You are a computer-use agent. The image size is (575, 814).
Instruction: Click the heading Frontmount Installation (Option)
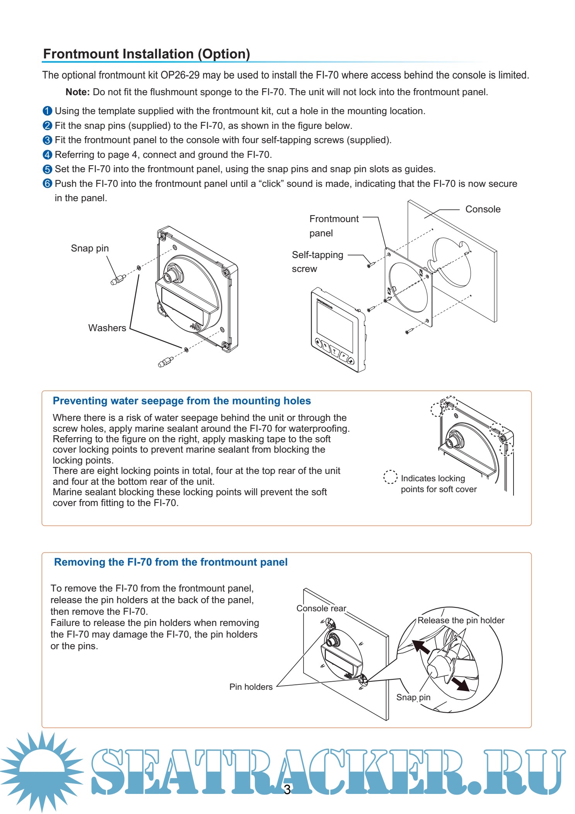pos(146,54)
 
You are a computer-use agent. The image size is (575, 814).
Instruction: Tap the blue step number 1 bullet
pos(47,111)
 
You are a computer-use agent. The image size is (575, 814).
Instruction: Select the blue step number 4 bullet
pos(47,155)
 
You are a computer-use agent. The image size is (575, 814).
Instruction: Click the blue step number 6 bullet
pos(47,184)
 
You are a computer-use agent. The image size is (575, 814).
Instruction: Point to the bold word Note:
pos(77,92)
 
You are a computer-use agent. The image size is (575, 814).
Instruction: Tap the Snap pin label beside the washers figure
pos(90,248)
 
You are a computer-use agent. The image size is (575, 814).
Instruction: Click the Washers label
pos(107,328)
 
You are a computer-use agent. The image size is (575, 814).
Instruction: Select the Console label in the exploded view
pos(483,209)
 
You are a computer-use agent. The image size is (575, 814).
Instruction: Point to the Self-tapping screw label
pos(317,262)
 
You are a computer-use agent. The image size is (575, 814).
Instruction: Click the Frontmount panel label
pos(334,226)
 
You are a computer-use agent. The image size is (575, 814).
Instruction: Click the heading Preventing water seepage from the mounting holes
pos(182,401)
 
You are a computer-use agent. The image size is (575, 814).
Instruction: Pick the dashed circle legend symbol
pos(390,477)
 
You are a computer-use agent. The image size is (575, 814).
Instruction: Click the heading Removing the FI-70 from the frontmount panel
pos(171,562)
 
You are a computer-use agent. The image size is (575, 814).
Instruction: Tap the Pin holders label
pos(251,687)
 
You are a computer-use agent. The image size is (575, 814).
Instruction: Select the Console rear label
pos(321,609)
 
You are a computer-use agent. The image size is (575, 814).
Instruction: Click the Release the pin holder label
pos(461,620)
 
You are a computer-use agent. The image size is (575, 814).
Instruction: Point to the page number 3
pos(287,790)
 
